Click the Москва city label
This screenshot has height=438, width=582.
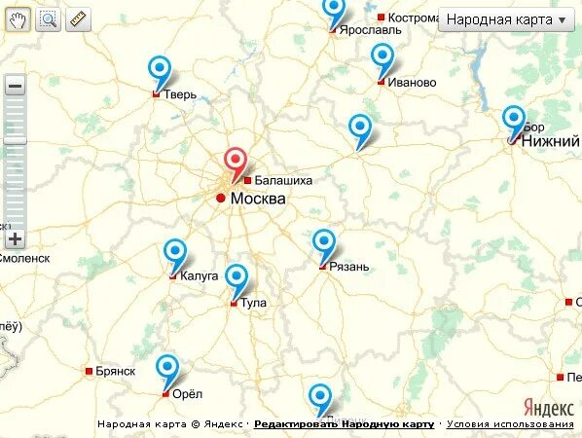(258, 199)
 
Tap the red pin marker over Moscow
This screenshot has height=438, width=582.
(236, 163)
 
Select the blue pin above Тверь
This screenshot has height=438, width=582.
(160, 70)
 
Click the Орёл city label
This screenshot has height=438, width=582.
(185, 394)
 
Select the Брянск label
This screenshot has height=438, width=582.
(115, 371)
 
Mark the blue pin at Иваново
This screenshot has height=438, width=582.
(384, 57)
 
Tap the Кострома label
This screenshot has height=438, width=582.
(414, 18)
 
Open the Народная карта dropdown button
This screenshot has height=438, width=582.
(505, 19)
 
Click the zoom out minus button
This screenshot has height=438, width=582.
(15, 86)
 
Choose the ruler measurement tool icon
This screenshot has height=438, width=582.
(78, 18)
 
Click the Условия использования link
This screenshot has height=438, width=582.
(511, 424)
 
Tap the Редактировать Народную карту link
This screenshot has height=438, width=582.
(344, 424)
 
